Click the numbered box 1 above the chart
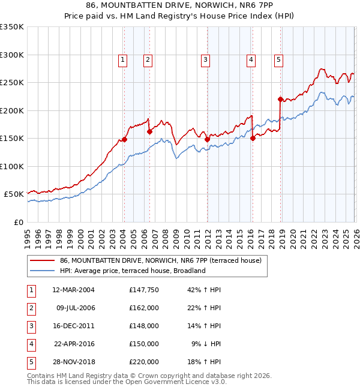122,59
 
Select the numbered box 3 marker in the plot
205,59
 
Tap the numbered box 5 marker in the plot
279,59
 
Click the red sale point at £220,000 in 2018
280,99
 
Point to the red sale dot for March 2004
124,139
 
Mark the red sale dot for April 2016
253,138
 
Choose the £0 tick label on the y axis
18,222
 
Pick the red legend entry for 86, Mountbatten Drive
160,261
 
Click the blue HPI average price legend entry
133,271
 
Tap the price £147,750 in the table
144,290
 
